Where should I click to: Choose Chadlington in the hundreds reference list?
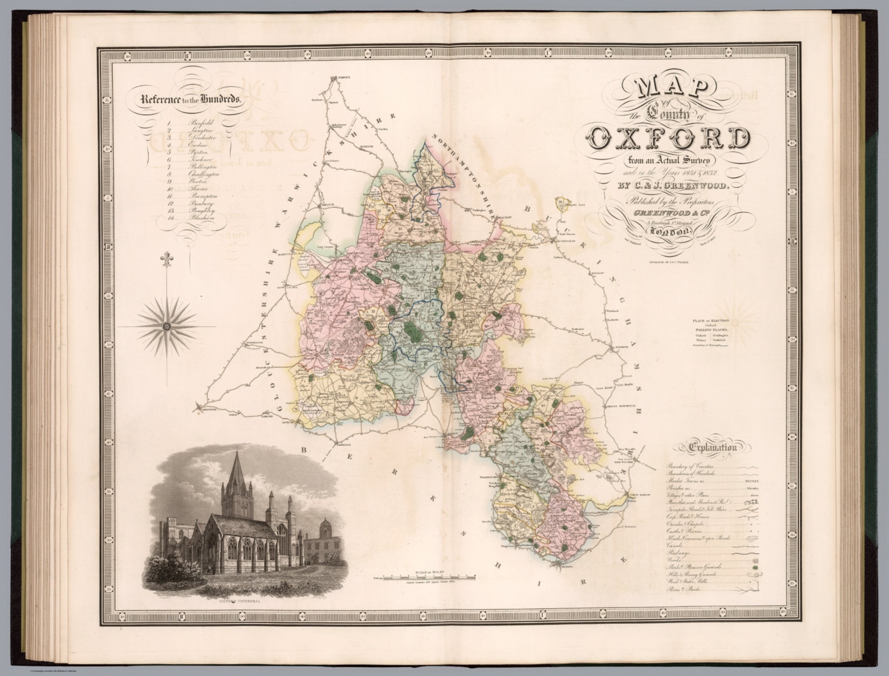pos(204,174)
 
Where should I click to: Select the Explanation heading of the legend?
pos(712,447)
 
